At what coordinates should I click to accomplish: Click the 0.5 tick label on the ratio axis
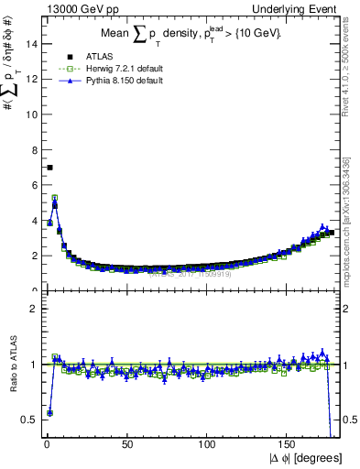(28, 420)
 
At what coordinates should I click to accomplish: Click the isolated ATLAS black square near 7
(49, 168)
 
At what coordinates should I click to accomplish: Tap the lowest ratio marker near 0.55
(49, 413)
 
